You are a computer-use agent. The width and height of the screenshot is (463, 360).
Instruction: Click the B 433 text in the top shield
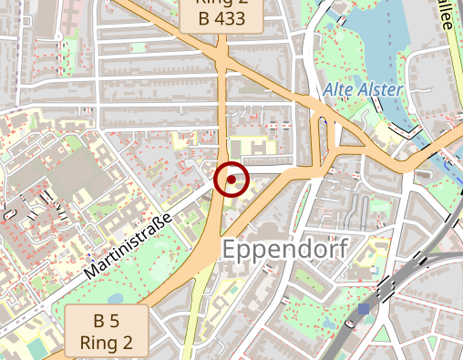click(x=221, y=18)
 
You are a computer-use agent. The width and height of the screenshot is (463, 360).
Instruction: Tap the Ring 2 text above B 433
click(x=221, y=3)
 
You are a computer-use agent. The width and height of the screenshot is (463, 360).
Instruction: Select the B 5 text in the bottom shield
click(x=107, y=322)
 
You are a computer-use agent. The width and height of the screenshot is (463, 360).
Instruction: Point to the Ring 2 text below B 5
click(x=107, y=343)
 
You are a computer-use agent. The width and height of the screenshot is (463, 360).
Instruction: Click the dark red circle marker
click(x=231, y=180)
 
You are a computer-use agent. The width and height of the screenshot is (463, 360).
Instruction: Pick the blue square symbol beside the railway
click(x=365, y=310)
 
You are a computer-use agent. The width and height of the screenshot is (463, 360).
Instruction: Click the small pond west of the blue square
click(x=327, y=319)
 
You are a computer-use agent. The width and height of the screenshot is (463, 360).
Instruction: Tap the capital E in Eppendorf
click(x=231, y=249)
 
